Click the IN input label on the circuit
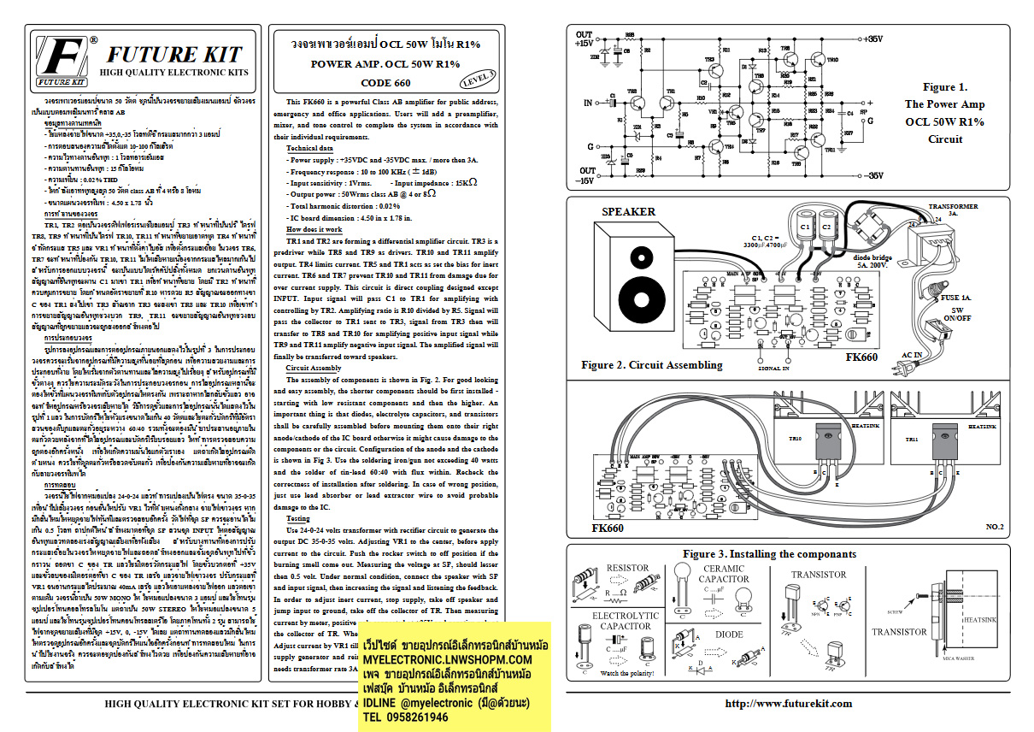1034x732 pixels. pos(587,103)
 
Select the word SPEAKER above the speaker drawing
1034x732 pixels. pos(628,211)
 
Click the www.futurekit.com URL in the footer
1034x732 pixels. pos(788,703)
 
